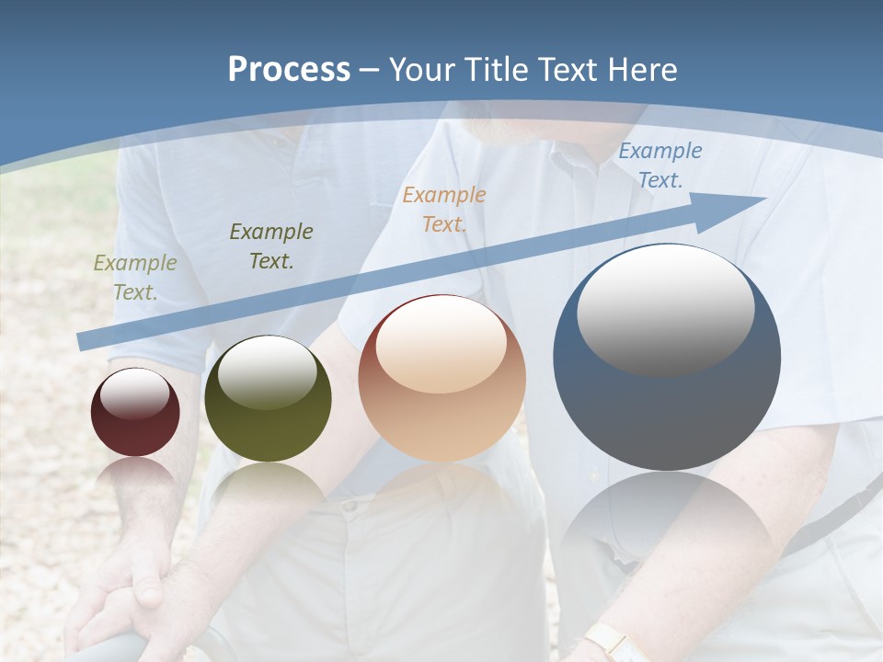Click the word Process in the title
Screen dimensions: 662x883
289,69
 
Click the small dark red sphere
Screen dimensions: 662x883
135,412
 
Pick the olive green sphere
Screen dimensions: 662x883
268,398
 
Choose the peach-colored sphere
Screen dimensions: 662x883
442,378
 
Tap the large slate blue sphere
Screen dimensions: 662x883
667,357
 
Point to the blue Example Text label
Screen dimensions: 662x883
659,165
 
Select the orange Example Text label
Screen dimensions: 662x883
444,210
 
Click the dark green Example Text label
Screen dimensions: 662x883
271,246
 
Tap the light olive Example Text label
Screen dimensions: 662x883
134,278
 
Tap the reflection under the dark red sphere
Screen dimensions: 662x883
135,478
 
